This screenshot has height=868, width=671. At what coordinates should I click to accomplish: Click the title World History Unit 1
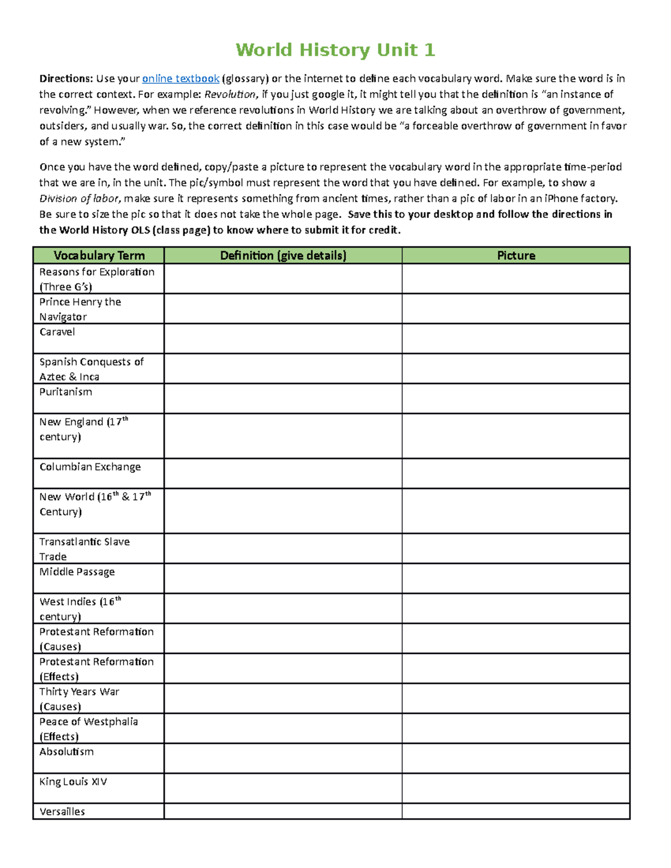pos(335,50)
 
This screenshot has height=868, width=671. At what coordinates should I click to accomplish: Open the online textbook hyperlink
pos(181,79)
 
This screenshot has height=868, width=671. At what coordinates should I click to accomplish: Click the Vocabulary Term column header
pos(99,255)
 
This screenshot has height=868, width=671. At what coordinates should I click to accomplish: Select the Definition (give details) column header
pos(283,255)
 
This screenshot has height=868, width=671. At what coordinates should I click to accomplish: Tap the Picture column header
pos(516,255)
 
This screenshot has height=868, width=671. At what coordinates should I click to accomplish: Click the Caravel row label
pos(57,332)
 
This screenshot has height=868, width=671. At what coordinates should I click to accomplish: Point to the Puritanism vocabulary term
pos(65,392)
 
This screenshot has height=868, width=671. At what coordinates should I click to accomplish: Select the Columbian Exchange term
pos(90,467)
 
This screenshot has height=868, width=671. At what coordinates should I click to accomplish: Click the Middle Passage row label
pos(77,572)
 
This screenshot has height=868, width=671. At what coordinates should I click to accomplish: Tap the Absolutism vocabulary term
pos(67,752)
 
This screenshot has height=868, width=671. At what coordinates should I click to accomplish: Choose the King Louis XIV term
pos(73,781)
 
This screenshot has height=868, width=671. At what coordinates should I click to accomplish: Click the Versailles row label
pos(62,812)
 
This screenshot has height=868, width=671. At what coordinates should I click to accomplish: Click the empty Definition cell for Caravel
pos(283,339)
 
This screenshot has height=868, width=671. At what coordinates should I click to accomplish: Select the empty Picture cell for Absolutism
pos(516,758)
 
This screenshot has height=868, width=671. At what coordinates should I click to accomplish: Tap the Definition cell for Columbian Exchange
pos(283,473)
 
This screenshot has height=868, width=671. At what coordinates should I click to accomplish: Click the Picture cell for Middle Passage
pos(516,578)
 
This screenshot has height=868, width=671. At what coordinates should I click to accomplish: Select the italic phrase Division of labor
pos(79,198)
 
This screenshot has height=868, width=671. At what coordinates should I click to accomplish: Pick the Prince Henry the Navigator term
pos(80,309)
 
